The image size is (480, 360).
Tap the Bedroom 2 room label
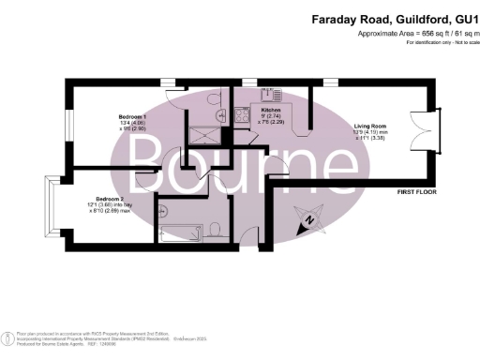click(110, 200)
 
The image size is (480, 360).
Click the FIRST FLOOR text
click(418, 192)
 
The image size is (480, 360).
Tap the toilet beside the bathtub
click(216, 230)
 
